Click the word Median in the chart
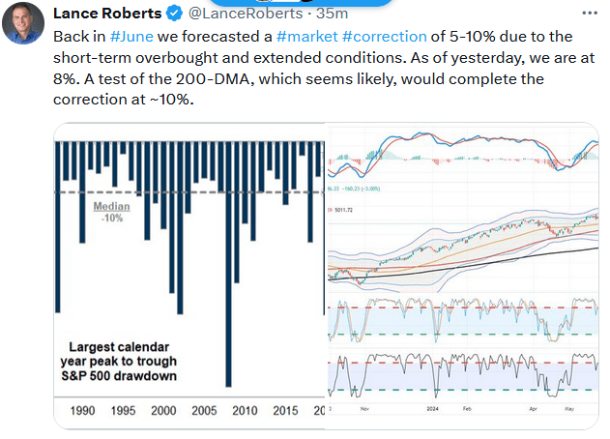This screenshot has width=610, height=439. pos(113,206)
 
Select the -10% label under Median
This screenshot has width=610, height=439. pos(113,218)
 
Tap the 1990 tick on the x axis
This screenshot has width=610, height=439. pos(83,411)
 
